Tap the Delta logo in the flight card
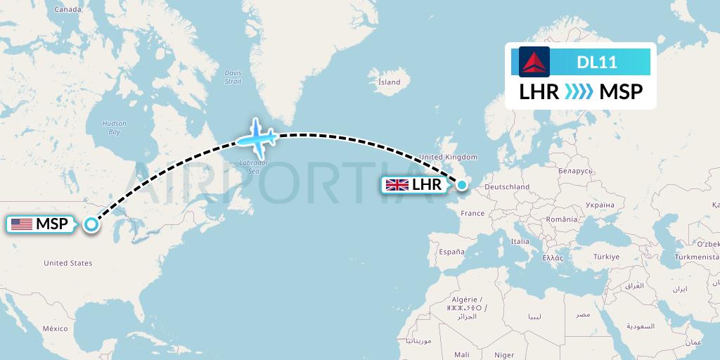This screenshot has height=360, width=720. pos(534,62)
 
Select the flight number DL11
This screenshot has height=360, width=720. pos(597,62)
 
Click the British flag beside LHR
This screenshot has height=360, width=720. pos(397,185)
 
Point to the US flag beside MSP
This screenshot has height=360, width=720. pos(22,224)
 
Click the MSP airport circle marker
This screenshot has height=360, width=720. pos(91,224)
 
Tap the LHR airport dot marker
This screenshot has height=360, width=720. pos(462,184)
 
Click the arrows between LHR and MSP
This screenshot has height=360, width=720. pos(579,92)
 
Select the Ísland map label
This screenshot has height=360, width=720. pos(389,82)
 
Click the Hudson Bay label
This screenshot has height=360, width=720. pos(114,127)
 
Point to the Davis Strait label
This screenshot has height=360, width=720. pos(233,77)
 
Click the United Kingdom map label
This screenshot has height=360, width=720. pos(448,157)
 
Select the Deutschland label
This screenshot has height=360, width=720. pos(507,186)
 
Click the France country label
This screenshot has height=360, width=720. pos(472,213)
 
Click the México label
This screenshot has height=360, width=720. pos(55,328)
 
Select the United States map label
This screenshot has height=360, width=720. pos(67,263)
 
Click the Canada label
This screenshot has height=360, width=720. pos(68,10)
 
